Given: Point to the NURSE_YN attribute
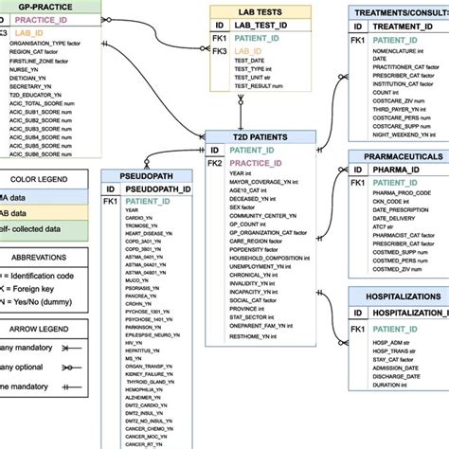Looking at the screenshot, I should click(x=24, y=69).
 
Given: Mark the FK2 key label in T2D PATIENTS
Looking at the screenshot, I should click(x=214, y=163).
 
